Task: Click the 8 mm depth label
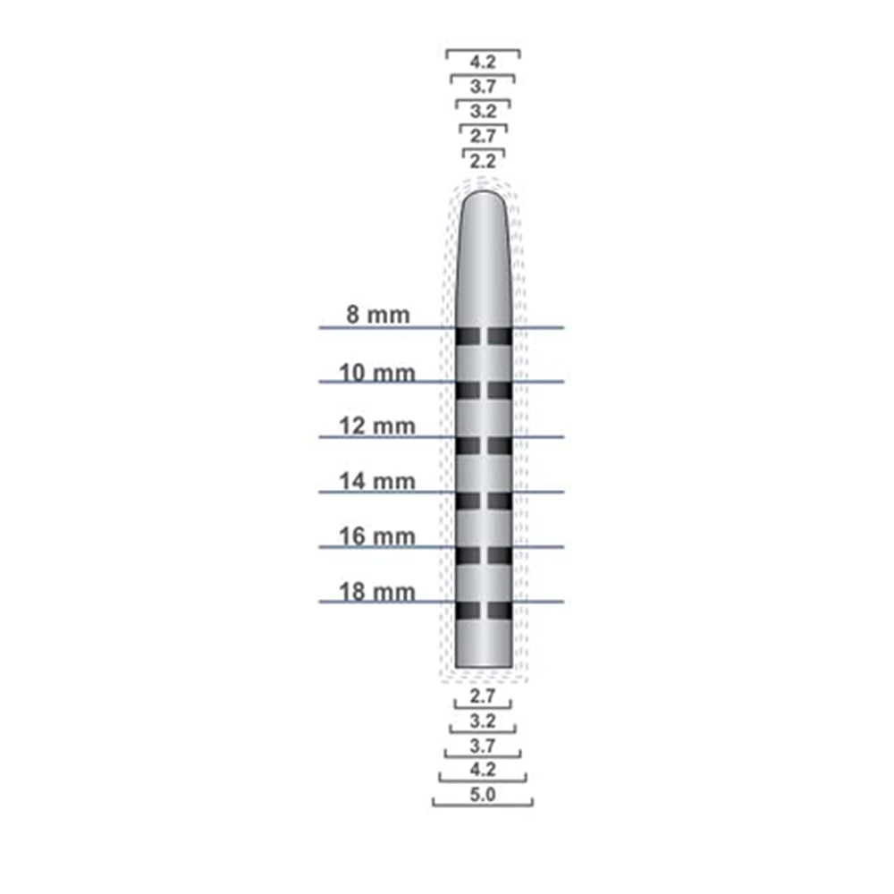coord(378,315)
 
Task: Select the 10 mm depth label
coord(377,374)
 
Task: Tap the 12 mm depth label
coord(377,426)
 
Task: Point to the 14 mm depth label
coord(377,482)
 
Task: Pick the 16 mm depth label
coord(377,536)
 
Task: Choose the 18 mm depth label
coord(377,592)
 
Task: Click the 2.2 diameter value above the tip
coord(483,161)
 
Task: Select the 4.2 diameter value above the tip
coord(483,62)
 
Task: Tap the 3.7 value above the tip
coord(483,87)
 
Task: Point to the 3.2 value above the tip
coord(483,111)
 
